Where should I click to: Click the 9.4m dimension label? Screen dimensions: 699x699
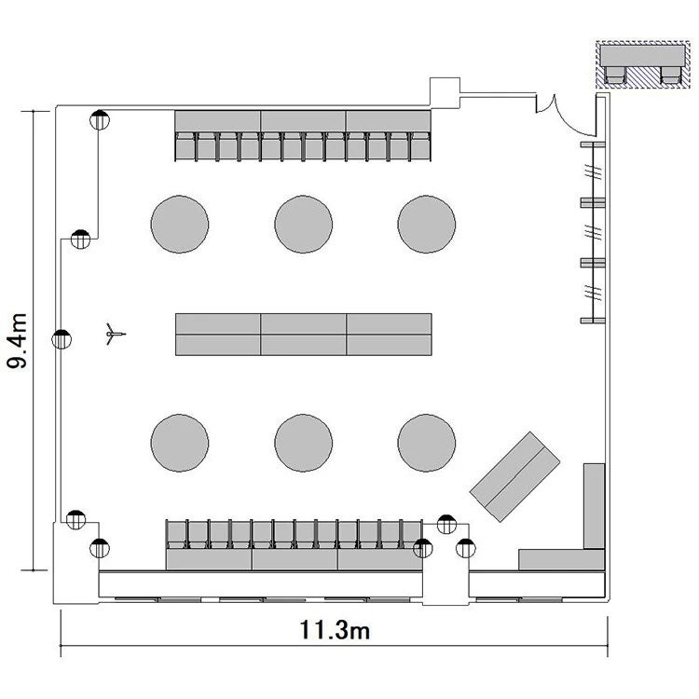(x=18, y=341)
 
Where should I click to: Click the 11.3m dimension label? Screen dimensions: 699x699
(x=335, y=630)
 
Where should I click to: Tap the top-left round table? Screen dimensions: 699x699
(x=180, y=224)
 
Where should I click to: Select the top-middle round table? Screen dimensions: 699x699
(x=303, y=224)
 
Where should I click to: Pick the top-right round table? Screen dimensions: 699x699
(x=427, y=224)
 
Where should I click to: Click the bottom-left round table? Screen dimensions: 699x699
(x=180, y=443)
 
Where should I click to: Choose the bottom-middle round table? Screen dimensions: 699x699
(x=303, y=443)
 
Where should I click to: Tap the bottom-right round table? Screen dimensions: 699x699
(x=427, y=443)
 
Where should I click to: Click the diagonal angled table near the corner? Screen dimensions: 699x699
(x=514, y=476)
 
